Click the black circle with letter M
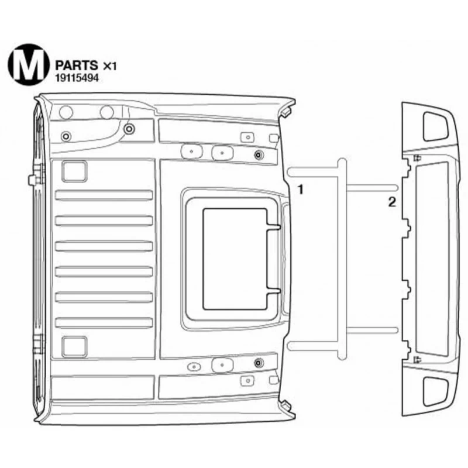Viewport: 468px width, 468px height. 29,64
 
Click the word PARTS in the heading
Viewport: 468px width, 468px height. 77,65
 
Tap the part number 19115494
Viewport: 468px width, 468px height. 77,78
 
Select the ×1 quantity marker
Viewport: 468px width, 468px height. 109,66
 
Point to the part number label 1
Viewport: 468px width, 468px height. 301,189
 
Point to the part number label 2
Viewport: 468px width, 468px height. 392,202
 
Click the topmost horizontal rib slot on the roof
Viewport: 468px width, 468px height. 104,195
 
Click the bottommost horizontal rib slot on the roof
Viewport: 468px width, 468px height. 104,323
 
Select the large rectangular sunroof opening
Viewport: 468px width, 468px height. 235,259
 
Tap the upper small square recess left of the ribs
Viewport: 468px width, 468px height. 74,171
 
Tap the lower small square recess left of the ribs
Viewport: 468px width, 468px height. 74,347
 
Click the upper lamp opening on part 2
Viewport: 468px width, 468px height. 435,126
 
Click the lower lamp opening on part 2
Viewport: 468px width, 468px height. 435,391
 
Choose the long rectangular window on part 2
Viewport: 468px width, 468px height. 432,259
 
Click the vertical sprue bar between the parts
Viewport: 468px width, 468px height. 342,259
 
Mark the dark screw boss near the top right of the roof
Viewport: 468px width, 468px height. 259,155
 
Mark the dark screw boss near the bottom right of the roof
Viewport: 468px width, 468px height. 259,363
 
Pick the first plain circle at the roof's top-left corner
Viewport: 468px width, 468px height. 66,112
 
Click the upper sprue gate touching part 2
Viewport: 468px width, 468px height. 372,188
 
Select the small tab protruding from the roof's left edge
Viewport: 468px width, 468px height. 32,180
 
